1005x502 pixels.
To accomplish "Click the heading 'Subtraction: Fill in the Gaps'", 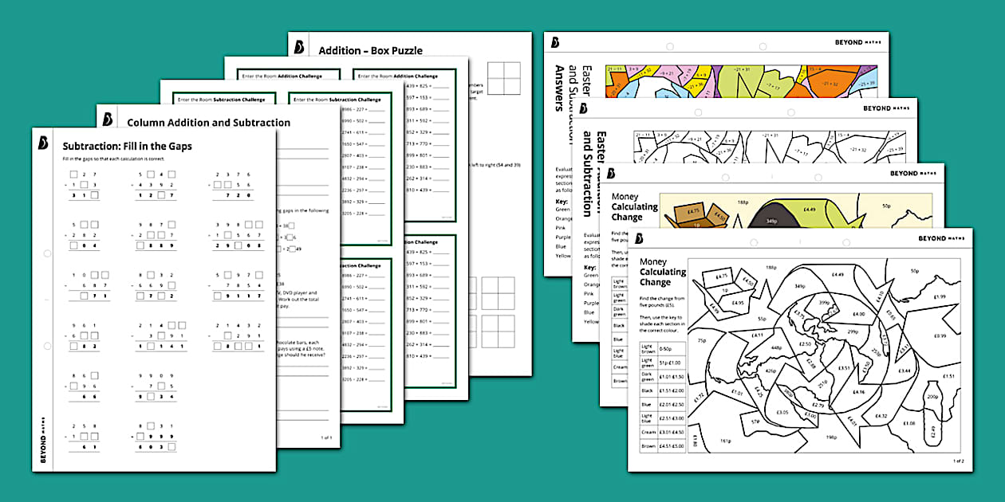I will [x=127, y=147].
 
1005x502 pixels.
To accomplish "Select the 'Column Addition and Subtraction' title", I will [x=208, y=123].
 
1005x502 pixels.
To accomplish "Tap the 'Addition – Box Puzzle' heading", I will [x=370, y=50].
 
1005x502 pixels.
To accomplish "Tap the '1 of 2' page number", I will [x=958, y=461].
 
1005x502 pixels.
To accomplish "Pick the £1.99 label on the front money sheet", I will [x=938, y=297].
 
